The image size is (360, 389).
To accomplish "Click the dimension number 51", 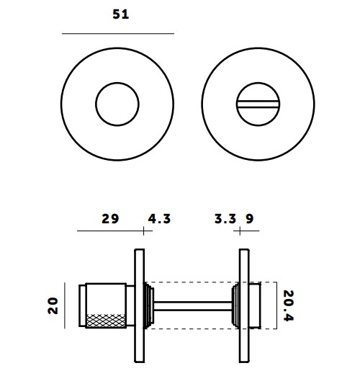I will (120, 14).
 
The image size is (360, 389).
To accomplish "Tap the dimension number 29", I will (110, 218).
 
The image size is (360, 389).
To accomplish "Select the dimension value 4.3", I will (159, 218).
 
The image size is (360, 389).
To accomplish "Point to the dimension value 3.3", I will (225, 218).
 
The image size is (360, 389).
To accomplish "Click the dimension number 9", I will (249, 218).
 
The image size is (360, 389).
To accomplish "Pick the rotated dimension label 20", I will (52, 305).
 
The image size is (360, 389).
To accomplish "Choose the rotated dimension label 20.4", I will (288, 305).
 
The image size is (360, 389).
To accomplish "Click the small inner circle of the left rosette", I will (117, 104).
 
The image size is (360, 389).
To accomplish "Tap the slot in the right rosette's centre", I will (257, 104).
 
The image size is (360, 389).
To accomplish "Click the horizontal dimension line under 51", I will (118, 33).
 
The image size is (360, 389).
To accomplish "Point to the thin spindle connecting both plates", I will (191, 305).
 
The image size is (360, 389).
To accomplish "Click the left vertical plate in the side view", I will (139, 305).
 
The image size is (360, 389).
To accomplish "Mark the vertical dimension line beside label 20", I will (77, 305).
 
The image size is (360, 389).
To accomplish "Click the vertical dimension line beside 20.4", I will (276, 305).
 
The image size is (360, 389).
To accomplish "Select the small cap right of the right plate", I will (256, 305).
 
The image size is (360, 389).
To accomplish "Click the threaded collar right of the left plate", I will (149, 305).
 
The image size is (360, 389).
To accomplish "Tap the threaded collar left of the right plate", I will (235, 305).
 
